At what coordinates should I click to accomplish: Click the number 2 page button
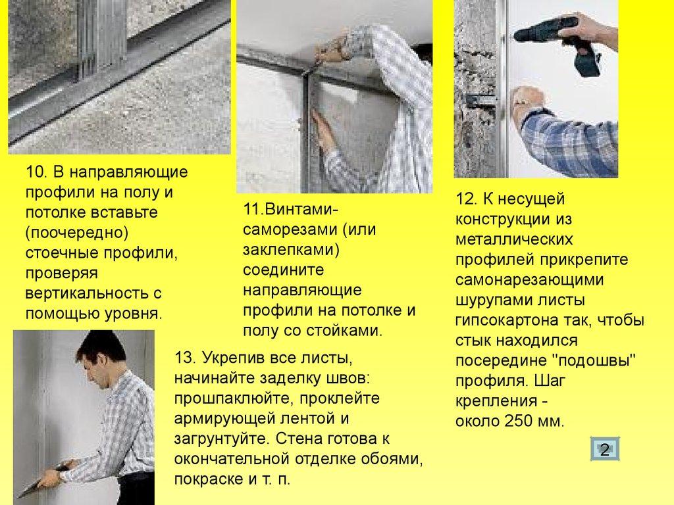coord(605,449)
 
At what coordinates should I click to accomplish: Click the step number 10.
coord(36,172)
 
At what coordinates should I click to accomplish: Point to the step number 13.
coord(185,358)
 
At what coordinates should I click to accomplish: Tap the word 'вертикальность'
coord(87,293)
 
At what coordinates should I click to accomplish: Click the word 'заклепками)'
coord(291,249)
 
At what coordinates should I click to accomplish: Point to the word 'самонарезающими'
coord(530,280)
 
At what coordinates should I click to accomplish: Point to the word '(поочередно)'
coord(77,233)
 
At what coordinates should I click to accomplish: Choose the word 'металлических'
coord(514,239)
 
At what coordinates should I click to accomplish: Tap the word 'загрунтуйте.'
coord(222,439)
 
